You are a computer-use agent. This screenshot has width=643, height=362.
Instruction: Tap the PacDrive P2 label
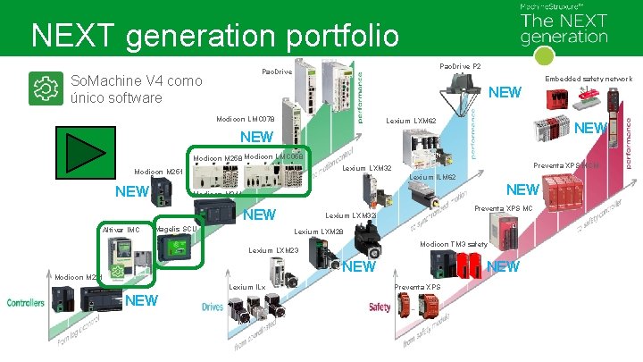461,66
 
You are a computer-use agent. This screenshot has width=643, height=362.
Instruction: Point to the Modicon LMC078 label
246,119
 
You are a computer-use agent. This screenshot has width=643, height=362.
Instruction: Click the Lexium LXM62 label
411,121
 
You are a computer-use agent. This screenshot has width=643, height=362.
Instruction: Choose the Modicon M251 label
158,172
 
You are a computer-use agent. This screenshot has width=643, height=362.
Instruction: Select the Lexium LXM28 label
319,232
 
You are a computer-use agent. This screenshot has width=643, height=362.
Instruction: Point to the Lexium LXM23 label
273,250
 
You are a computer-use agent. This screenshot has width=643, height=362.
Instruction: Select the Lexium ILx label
247,287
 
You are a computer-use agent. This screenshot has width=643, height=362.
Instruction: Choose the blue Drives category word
213,307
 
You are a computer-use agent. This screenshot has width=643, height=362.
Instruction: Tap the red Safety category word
380,307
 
